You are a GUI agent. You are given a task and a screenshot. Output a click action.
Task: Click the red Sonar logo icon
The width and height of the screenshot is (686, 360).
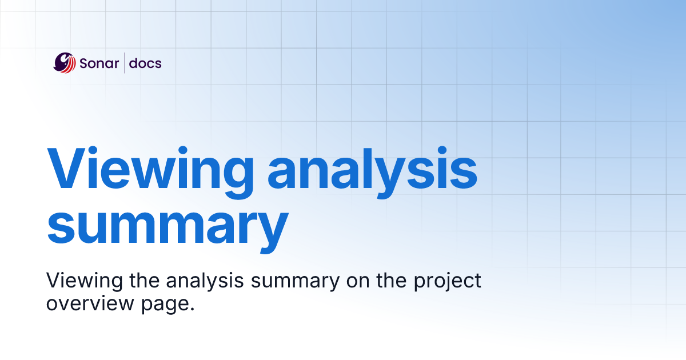[65, 63]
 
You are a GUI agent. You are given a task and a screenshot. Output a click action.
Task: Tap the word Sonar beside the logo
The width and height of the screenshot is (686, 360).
[98, 63]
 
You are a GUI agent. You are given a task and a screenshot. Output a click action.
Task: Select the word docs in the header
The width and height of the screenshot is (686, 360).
[145, 63]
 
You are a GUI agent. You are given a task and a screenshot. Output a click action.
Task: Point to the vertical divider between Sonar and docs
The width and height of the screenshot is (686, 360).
[124, 63]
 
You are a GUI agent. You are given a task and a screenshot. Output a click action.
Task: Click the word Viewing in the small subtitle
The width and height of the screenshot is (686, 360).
[77, 282]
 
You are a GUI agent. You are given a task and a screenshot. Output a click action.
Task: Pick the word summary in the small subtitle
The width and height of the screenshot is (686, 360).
[283, 282]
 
